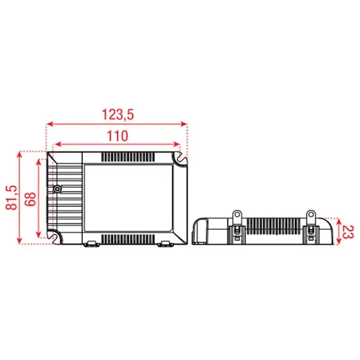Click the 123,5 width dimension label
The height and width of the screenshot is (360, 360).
coord(117,113)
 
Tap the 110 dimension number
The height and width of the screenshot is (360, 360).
coord(117,136)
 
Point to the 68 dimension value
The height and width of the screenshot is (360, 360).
coord(31,197)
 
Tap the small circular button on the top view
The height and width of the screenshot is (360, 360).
coord(58,189)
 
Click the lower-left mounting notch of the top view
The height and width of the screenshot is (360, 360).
coord(55,236)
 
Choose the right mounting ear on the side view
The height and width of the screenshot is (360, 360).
coord(311,215)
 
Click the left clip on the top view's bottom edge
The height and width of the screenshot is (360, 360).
coord(92,243)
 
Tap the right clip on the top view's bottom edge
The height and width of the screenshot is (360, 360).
coord(164,243)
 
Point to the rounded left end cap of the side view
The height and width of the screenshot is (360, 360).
coord(200,231)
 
